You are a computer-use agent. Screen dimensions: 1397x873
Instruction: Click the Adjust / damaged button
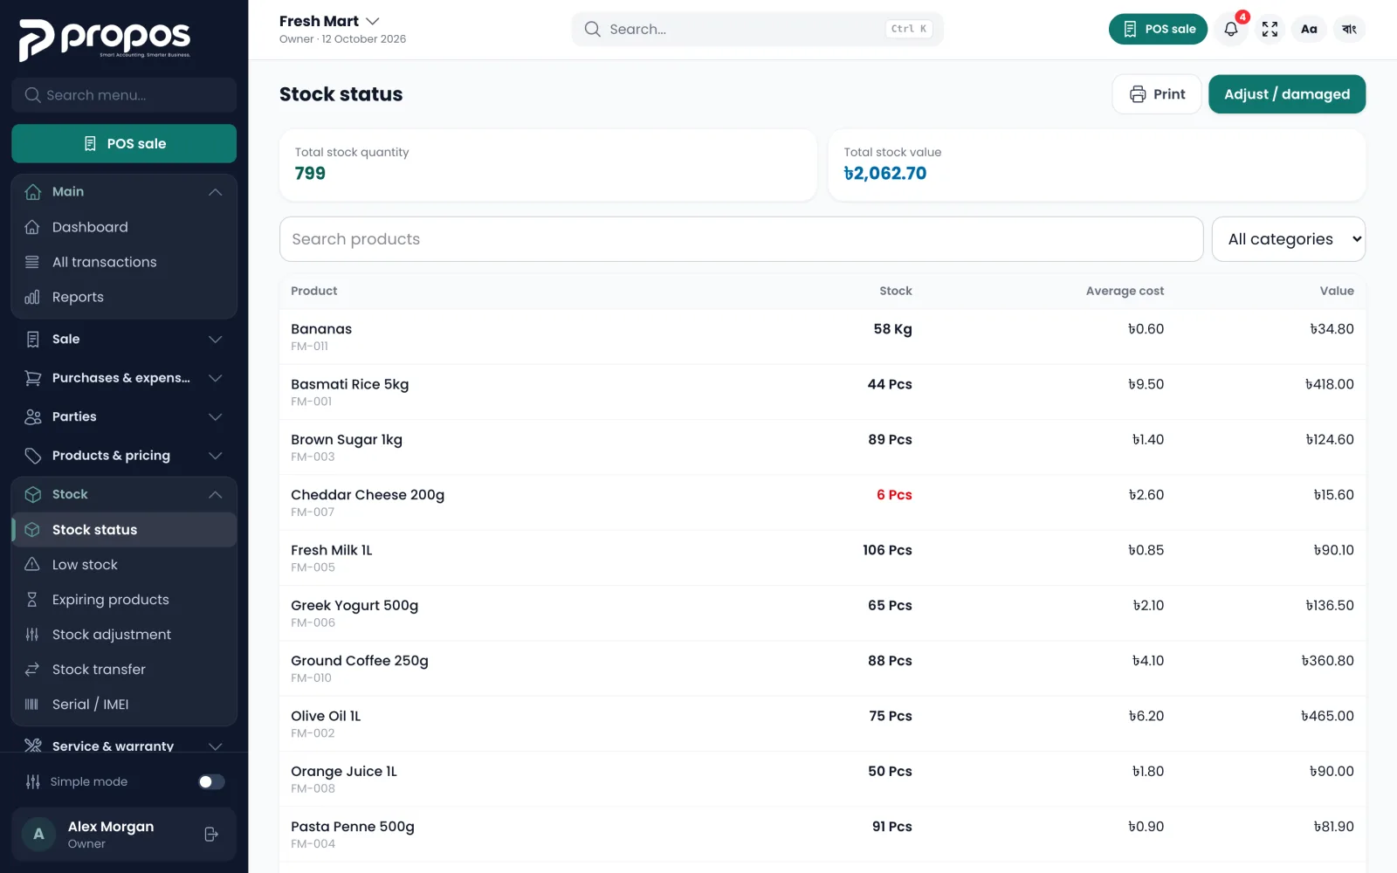point(1287,94)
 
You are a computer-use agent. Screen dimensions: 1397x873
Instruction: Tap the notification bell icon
point(1230,29)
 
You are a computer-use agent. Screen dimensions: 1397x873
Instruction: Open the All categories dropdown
point(1289,239)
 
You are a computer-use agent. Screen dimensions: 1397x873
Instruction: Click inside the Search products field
point(741,239)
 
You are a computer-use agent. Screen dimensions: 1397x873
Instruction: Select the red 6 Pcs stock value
point(894,494)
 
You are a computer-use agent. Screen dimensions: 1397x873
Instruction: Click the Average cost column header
point(1125,291)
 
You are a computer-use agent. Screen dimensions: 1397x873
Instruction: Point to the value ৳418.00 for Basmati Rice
point(1329,384)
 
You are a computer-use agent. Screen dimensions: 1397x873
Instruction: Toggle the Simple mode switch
point(211,781)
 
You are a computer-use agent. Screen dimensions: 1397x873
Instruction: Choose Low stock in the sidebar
point(85,564)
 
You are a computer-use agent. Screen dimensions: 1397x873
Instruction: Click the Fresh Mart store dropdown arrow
point(372,21)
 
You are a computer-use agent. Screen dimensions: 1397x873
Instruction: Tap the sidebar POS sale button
point(124,143)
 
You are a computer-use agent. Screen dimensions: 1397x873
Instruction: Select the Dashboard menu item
point(90,227)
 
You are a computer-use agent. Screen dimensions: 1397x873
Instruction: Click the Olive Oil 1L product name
point(326,716)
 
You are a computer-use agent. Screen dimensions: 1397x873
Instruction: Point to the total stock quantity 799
point(310,174)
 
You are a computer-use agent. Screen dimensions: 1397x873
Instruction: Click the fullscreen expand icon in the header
point(1270,29)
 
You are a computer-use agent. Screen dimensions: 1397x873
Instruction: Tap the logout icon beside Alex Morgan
point(211,835)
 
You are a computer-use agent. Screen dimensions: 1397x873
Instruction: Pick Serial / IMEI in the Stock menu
point(91,704)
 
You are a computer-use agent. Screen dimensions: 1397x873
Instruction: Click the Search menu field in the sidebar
point(124,95)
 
